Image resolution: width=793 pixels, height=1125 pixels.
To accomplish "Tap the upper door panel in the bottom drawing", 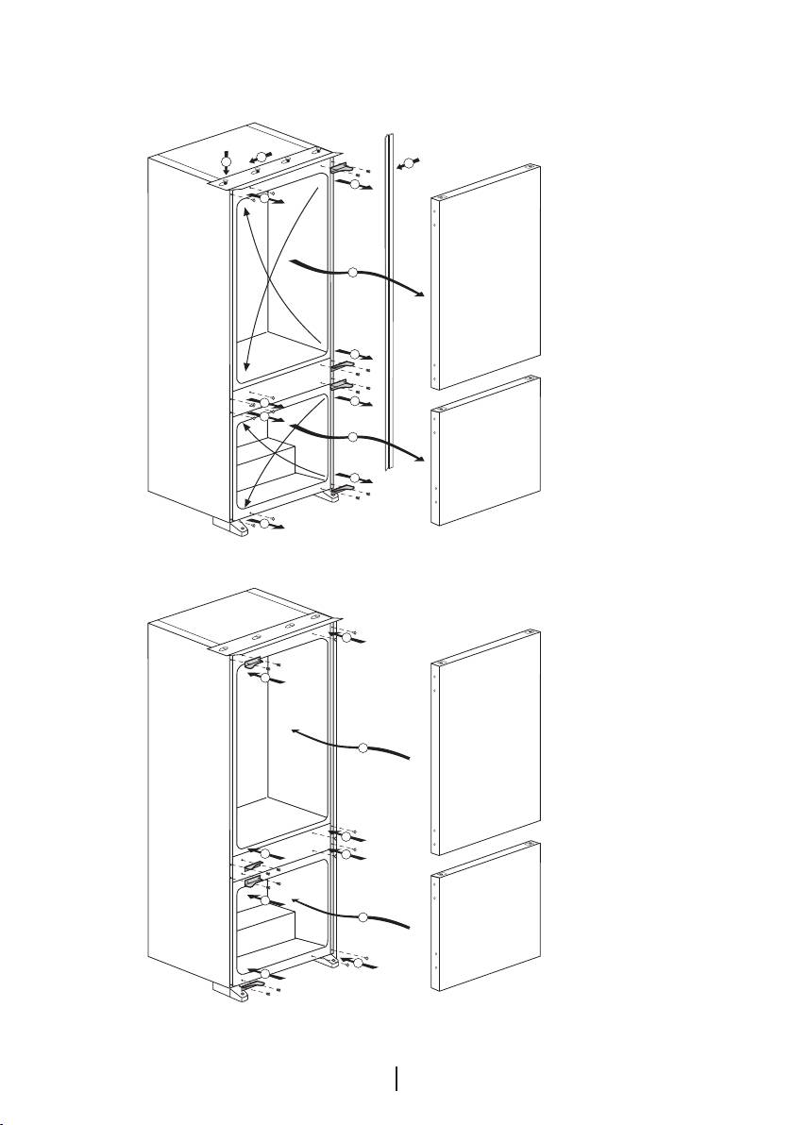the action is point(484,746).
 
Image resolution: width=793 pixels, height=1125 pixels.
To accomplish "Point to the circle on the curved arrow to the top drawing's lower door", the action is point(352,437).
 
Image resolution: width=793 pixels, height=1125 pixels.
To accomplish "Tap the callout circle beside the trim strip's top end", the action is point(408,161).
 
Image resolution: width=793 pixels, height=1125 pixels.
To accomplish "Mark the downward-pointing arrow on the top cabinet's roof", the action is point(226,160).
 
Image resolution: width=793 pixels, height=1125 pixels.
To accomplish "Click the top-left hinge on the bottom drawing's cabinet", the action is point(252,663).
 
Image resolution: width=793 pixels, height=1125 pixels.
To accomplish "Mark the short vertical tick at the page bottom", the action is point(396,1079).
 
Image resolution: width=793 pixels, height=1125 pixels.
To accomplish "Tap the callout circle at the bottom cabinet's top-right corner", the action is point(346,639).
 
